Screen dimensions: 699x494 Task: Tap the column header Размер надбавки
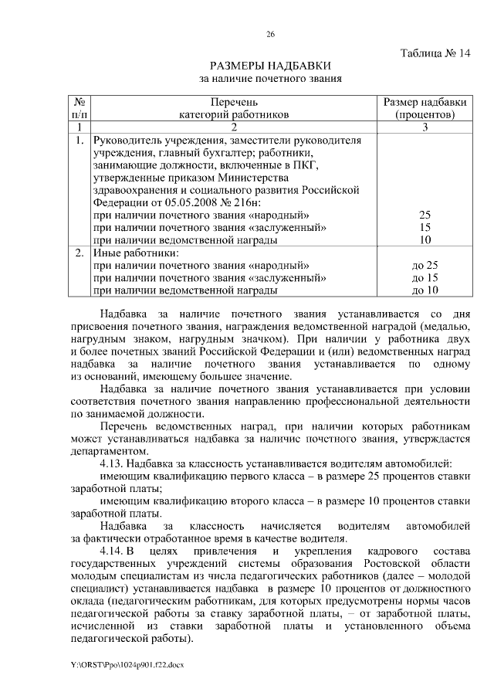click(x=425, y=103)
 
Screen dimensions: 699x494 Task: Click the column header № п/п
click(x=79, y=109)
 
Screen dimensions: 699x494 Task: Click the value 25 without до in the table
click(x=425, y=215)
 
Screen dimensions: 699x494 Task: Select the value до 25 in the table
click(x=425, y=265)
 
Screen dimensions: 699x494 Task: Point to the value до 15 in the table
click(x=425, y=277)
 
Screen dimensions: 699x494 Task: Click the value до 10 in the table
click(x=425, y=290)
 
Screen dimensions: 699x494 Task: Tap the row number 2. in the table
click(x=79, y=253)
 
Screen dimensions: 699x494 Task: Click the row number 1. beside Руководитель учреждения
click(x=79, y=141)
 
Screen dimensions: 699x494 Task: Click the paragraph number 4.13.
click(x=114, y=463)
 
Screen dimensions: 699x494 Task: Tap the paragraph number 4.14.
click(x=114, y=551)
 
